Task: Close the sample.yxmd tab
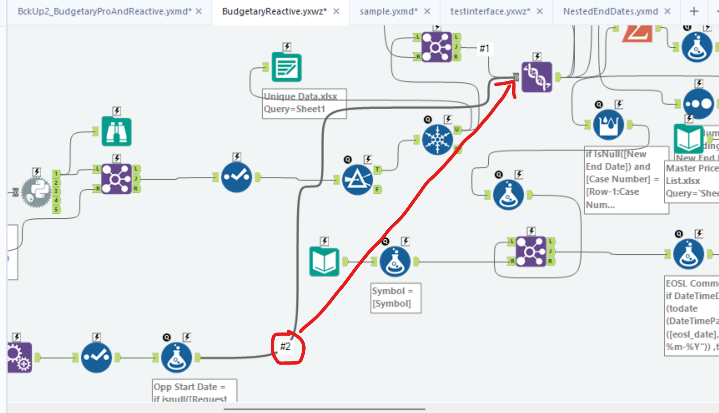point(427,12)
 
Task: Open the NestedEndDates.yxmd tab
point(610,12)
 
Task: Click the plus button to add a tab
point(694,12)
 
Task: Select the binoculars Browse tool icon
point(116,132)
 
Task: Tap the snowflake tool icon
point(437,140)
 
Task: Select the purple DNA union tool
point(536,77)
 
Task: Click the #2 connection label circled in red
point(286,347)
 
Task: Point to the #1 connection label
point(484,49)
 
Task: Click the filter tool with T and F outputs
point(357,180)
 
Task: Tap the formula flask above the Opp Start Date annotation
point(176,358)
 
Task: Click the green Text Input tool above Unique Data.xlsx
point(287,67)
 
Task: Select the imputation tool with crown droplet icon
point(608,125)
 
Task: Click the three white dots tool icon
point(698,104)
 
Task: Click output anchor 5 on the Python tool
point(56,209)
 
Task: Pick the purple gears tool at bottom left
point(19,357)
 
